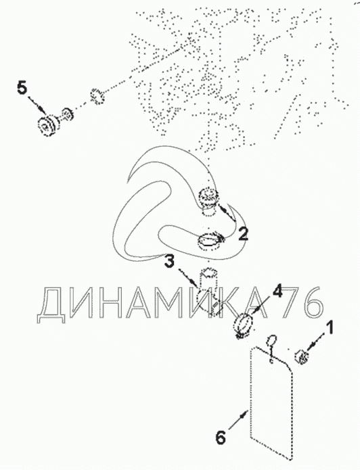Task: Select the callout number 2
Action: pyautogui.click(x=243, y=234)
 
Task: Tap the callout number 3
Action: pyautogui.click(x=169, y=261)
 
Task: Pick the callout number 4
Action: pyautogui.click(x=277, y=291)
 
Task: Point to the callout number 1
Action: pyautogui.click(x=330, y=327)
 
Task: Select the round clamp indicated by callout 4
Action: pyautogui.click(x=243, y=325)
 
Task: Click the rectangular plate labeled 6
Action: pyautogui.click(x=271, y=403)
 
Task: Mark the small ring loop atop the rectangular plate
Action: pyautogui.click(x=271, y=339)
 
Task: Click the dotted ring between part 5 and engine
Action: pyautogui.click(x=97, y=97)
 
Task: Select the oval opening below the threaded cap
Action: pyautogui.click(x=210, y=239)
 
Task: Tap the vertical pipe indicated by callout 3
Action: pyautogui.click(x=208, y=292)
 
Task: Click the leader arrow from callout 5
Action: pyautogui.click(x=38, y=105)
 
